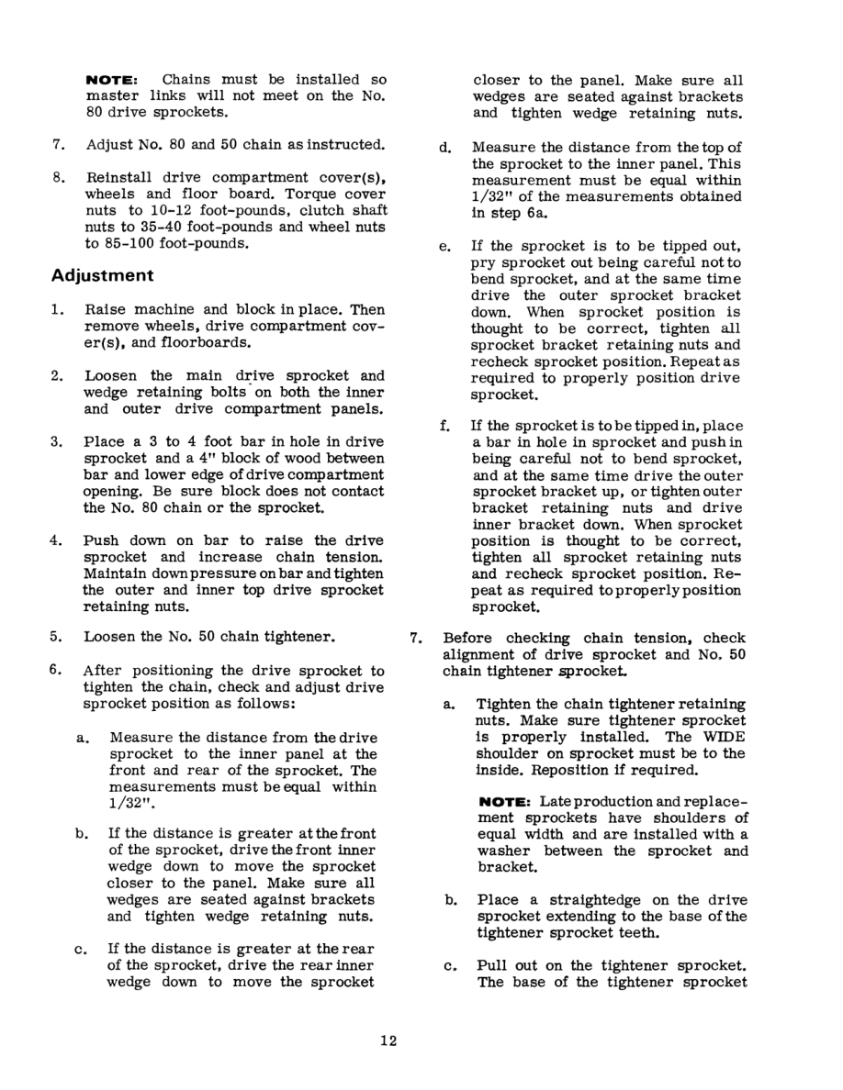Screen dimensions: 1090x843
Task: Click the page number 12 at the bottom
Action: [x=387, y=1040]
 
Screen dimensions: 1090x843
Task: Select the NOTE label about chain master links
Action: [x=111, y=81]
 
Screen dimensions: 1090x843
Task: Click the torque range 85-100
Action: [x=126, y=244]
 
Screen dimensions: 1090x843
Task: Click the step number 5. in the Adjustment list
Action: [x=57, y=635]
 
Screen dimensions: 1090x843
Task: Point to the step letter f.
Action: [x=445, y=426]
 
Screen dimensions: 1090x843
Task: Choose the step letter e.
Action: [x=445, y=246]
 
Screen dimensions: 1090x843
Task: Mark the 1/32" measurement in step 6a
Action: [x=129, y=804]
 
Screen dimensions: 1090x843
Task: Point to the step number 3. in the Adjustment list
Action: [x=57, y=441]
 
